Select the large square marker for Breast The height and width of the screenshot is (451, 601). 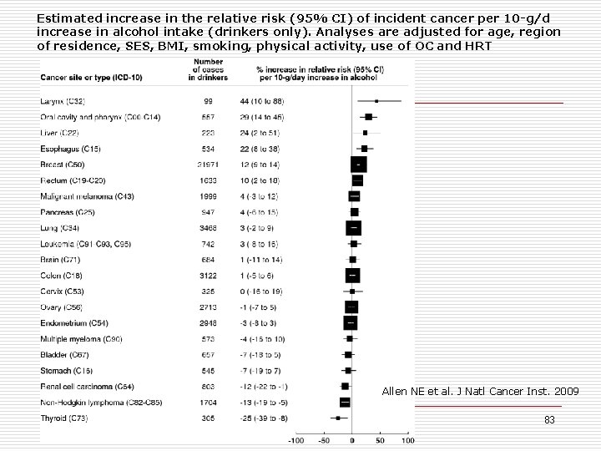(358, 165)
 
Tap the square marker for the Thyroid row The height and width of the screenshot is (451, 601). (338, 418)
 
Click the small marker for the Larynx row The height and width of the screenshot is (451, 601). (376, 101)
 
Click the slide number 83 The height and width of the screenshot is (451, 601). (549, 420)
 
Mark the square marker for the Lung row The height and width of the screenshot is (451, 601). (354, 228)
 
